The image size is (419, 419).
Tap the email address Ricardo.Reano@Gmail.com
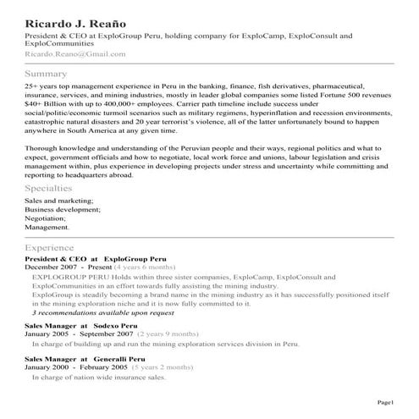point(75,53)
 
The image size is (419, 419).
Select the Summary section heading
point(46,74)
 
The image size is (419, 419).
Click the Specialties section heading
point(54,188)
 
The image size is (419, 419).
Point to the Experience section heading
point(55,246)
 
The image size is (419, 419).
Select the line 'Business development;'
point(59,208)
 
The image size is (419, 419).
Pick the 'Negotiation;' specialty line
point(46,218)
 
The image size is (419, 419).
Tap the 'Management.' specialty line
point(47,227)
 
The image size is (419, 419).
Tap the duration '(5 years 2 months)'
point(163,368)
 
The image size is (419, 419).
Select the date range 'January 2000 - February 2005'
point(75,368)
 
